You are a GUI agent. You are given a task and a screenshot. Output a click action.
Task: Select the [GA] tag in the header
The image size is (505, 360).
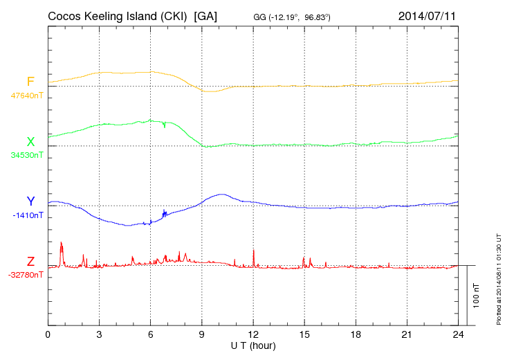click(206, 16)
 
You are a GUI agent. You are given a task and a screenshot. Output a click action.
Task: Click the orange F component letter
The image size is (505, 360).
click(30, 82)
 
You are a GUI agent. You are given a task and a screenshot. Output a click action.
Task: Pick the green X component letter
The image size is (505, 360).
click(30, 142)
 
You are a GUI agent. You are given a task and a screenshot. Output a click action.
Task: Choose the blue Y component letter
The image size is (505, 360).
click(30, 201)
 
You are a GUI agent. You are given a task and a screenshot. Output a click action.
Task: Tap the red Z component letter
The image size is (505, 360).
click(30, 262)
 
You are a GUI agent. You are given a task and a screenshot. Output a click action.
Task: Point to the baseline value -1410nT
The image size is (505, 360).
click(28, 215)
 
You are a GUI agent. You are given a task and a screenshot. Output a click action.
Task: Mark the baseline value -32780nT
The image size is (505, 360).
click(26, 275)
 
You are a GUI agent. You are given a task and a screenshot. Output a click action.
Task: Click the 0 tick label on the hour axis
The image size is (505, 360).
click(48, 334)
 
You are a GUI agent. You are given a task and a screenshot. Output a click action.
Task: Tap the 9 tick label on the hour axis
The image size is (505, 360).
click(202, 334)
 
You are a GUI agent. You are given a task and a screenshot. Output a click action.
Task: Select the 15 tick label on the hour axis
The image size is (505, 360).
click(304, 334)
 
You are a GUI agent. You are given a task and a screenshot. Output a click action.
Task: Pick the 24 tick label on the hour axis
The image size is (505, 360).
click(458, 334)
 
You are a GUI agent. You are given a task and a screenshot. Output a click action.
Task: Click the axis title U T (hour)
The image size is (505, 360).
click(253, 345)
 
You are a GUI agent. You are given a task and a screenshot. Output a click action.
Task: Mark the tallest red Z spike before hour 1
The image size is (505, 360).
click(61, 244)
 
